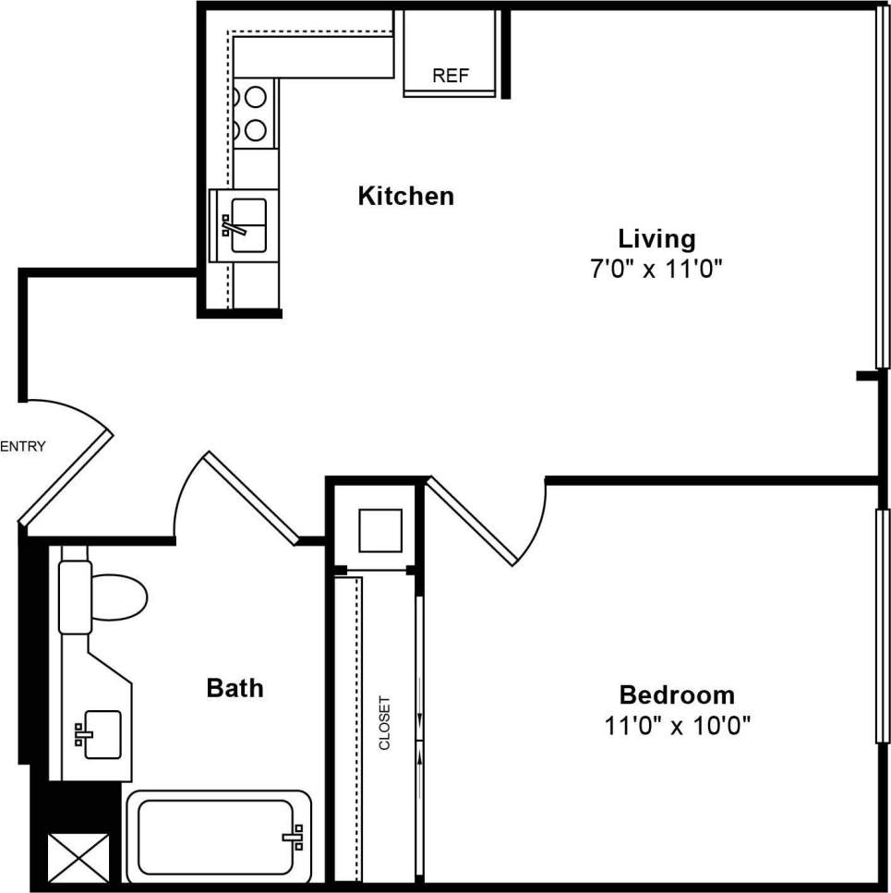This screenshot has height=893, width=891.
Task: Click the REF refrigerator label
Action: pyautogui.click(x=451, y=76)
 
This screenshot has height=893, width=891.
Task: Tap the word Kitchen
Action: pyautogui.click(x=405, y=196)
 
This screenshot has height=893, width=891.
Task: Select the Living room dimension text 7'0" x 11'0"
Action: pyautogui.click(x=656, y=269)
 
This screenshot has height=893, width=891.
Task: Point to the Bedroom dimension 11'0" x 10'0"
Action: pyautogui.click(x=677, y=725)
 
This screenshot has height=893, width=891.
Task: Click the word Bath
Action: pyautogui.click(x=235, y=688)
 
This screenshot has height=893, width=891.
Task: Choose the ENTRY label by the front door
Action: pyautogui.click(x=23, y=447)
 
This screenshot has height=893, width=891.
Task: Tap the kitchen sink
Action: pyautogui.click(x=247, y=225)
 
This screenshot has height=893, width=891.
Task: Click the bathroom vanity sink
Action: pyautogui.click(x=101, y=735)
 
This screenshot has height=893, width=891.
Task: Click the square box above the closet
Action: pyautogui.click(x=379, y=530)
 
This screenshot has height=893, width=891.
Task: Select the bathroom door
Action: pyautogui.click(x=252, y=497)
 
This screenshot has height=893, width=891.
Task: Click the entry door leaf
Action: pyautogui.click(x=66, y=477)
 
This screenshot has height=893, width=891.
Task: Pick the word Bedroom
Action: pyautogui.click(x=676, y=694)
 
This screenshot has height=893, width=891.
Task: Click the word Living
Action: pyautogui.click(x=656, y=238)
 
